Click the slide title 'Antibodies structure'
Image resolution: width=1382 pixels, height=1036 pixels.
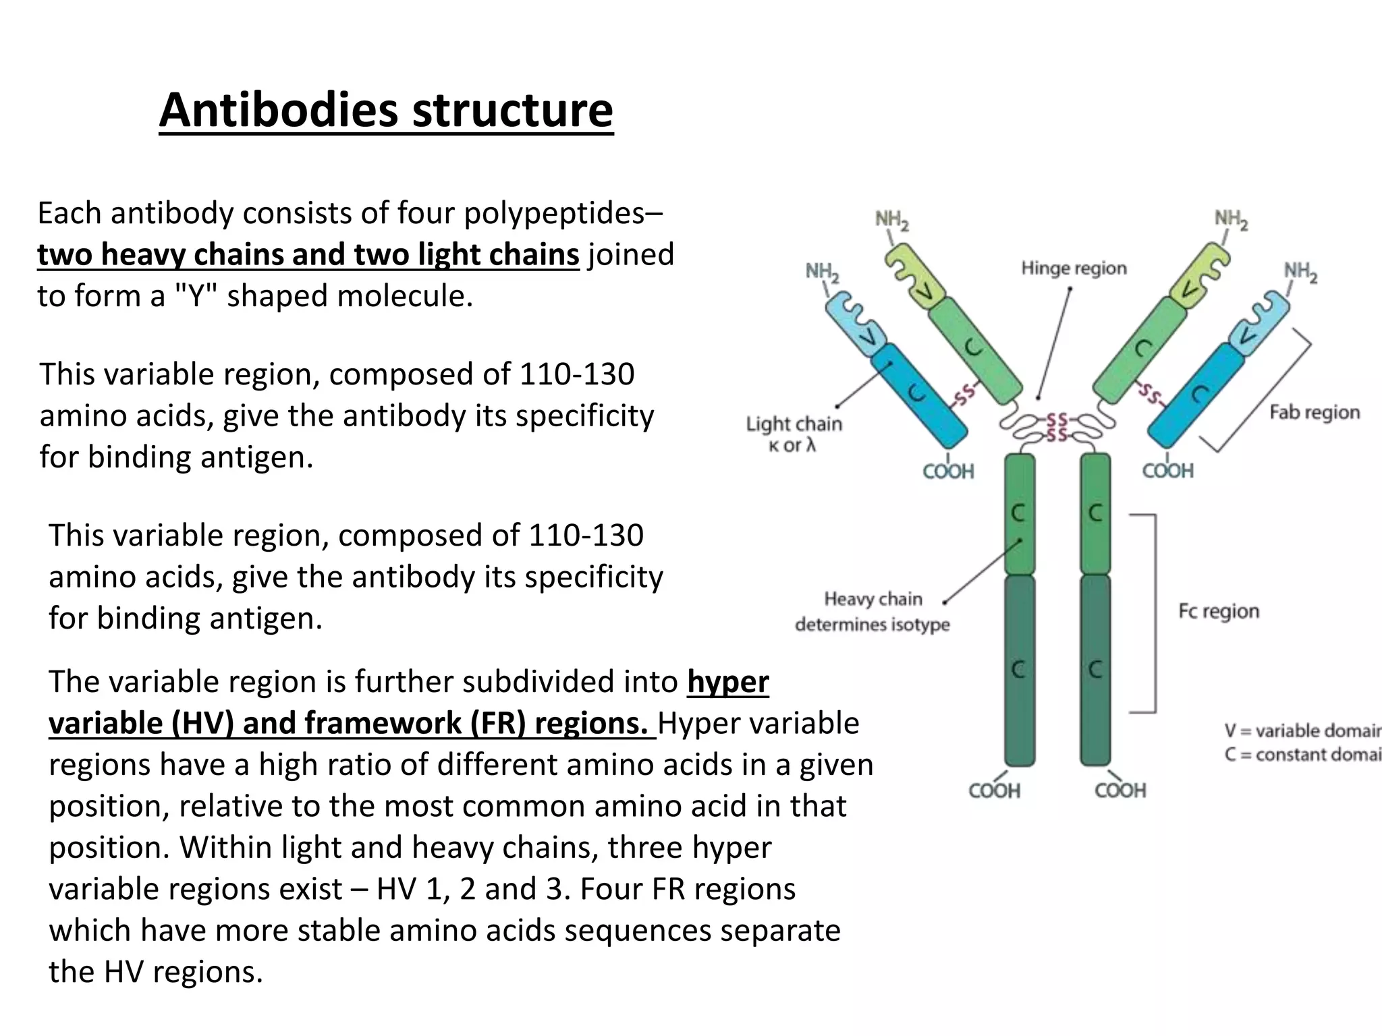386,110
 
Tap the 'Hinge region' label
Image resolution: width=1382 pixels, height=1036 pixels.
1074,268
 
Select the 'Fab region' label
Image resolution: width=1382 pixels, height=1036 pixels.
1314,412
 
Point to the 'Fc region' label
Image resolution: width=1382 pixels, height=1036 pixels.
1218,611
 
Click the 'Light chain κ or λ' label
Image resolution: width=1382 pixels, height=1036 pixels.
794,434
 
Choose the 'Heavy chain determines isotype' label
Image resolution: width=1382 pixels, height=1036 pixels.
872,611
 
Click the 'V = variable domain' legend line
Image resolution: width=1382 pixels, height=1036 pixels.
1302,730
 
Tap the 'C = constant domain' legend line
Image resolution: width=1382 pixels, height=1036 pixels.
1302,754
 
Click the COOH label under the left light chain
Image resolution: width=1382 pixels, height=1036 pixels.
948,471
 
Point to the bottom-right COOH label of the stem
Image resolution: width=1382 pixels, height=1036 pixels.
1120,790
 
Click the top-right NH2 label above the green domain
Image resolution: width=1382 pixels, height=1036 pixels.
1231,220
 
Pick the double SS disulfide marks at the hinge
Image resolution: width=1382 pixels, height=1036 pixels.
1057,428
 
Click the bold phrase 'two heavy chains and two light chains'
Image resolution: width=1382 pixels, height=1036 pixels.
308,255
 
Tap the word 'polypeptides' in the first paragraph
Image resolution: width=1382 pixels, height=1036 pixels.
554,213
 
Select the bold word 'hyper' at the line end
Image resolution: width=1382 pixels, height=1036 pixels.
728,682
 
